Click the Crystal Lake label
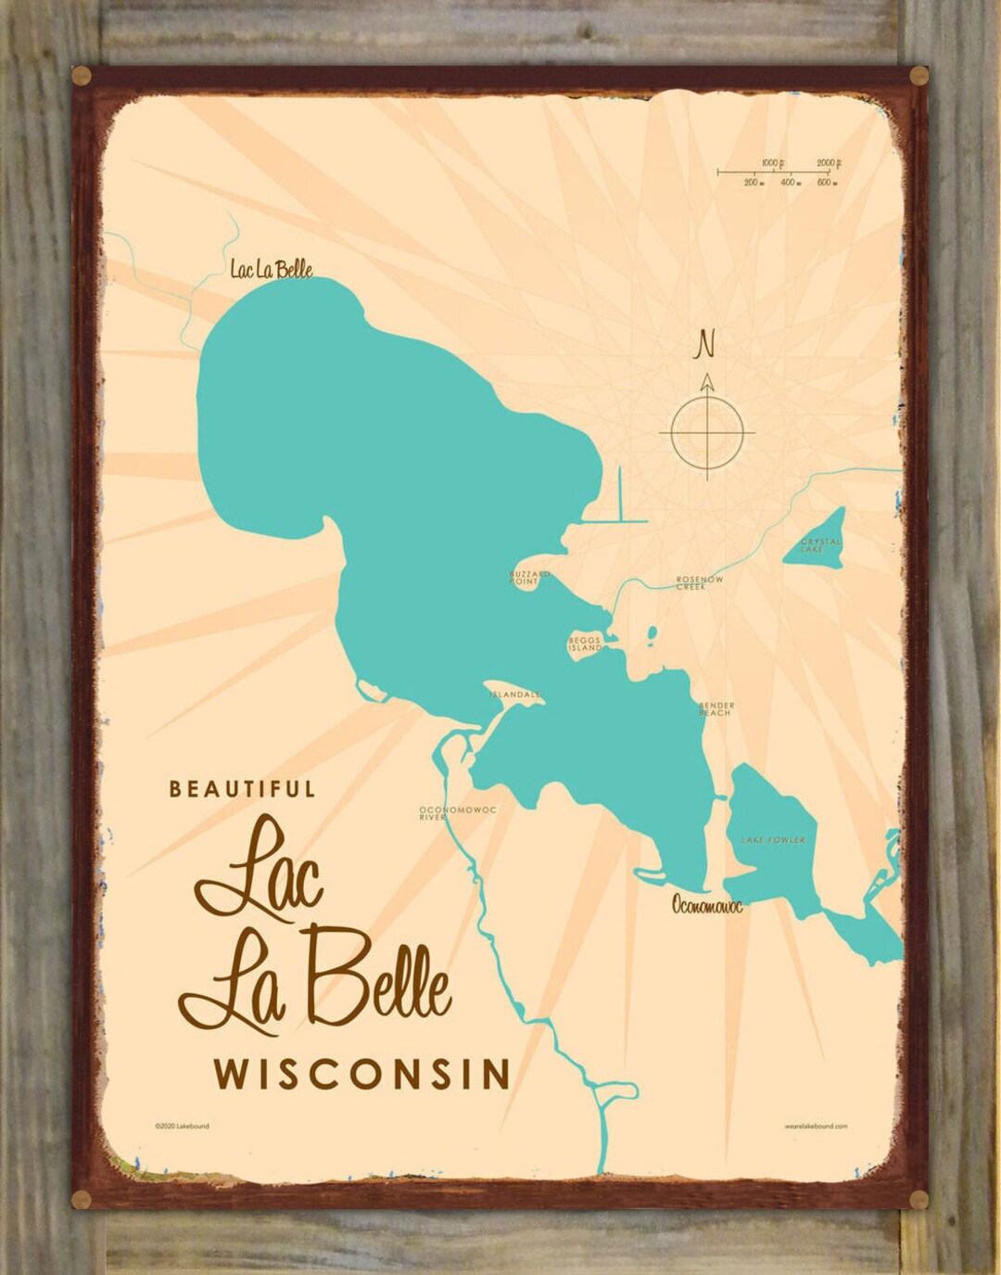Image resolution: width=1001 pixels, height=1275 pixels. coord(821,545)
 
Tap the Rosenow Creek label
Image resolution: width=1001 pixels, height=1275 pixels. coord(699,583)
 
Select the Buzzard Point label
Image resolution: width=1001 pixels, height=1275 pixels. coord(529,578)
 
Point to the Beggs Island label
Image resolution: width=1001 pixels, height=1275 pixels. coord(585,644)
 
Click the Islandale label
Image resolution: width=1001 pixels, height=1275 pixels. coord(515,694)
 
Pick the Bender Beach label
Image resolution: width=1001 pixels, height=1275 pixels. coord(716,708)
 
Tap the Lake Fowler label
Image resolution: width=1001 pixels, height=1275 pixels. coord(773,840)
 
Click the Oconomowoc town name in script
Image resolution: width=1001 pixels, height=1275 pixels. coord(707,905)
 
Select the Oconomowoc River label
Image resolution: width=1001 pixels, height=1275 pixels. coord(457,813)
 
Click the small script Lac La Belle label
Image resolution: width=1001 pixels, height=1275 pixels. coord(271,270)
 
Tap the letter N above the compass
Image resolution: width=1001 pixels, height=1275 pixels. coord(706,344)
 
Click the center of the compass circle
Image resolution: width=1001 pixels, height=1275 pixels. coord(707,432)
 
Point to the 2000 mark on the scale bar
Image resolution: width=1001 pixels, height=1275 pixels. coord(828,163)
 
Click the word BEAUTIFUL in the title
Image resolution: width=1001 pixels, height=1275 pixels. coord(242,789)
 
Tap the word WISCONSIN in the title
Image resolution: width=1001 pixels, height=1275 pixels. coord(362,1074)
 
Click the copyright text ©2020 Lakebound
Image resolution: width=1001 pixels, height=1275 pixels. coord(182,1126)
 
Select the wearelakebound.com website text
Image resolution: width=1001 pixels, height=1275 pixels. coord(815,1126)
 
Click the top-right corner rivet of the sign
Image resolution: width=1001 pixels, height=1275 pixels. coord(918,76)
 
